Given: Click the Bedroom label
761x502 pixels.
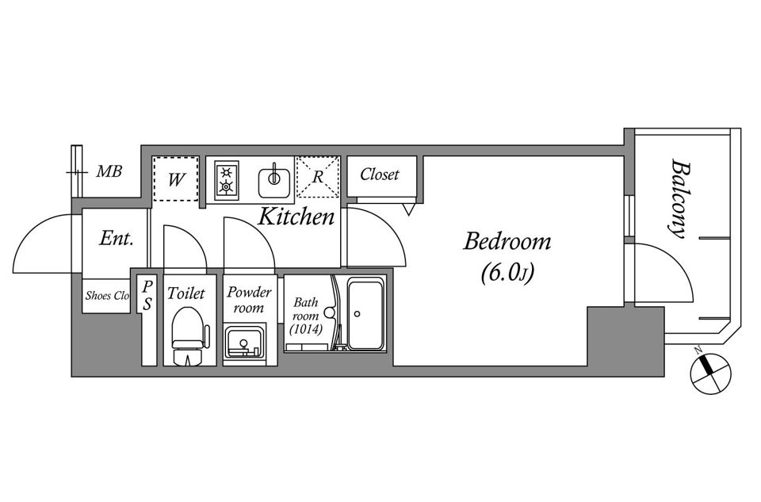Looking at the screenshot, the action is coord(507,241).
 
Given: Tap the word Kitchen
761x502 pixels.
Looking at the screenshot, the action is coord(296,217).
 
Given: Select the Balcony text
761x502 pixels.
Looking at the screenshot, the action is coord(680,198).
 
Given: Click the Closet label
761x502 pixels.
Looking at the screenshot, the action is coord(380,174).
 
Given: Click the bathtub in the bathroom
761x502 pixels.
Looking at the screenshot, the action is coord(365,313).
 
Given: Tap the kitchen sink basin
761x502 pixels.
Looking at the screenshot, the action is coord(274,180).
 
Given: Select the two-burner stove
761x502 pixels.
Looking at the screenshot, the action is coord(227,180).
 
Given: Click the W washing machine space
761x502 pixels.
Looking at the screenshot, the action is coord(176,178).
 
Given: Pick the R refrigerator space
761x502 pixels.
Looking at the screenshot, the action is coord(318,177).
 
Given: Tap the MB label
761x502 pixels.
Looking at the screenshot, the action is coord(109,171).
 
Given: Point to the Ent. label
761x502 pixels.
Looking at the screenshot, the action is coord(116,239).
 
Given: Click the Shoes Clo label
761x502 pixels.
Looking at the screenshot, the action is coord(107,295).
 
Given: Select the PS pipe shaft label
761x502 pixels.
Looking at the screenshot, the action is coord(147,295).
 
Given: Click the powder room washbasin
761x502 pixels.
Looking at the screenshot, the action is coord(244,343).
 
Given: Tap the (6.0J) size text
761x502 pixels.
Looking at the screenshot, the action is coord(507,274).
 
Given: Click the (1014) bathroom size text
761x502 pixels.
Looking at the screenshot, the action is coord(306,329).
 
